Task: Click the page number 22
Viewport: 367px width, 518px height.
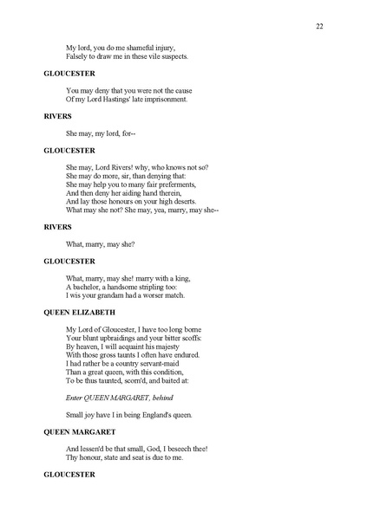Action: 319,27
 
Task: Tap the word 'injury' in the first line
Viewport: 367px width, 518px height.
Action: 166,48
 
